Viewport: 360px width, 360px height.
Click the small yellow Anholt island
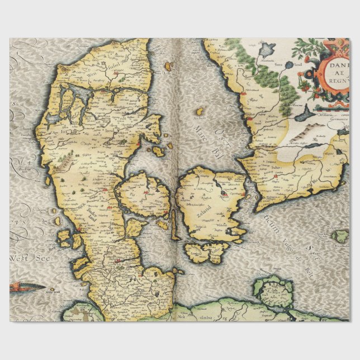click(x=200, y=112)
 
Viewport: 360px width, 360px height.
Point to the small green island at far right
click(x=340, y=236)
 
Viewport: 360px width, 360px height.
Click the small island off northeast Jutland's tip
click(x=168, y=67)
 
